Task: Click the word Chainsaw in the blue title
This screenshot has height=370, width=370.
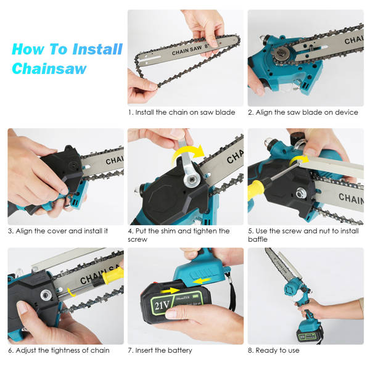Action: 49,68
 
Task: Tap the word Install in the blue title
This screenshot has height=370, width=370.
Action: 97,49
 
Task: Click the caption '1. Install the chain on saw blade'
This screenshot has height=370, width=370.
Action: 182,112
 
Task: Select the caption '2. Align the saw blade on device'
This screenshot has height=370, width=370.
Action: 303,112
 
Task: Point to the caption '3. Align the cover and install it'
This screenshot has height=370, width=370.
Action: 58,231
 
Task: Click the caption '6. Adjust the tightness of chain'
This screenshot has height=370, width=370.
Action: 59,350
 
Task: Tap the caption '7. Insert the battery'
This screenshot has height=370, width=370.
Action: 160,350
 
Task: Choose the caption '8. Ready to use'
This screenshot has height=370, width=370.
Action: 274,350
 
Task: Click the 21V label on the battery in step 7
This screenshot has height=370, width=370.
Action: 162,306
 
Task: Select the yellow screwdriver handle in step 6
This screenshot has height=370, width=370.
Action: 113,276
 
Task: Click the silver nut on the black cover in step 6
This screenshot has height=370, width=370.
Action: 46,295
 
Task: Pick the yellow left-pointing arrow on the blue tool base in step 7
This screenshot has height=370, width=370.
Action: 202,281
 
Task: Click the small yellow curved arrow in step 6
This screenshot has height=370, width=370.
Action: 71,292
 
